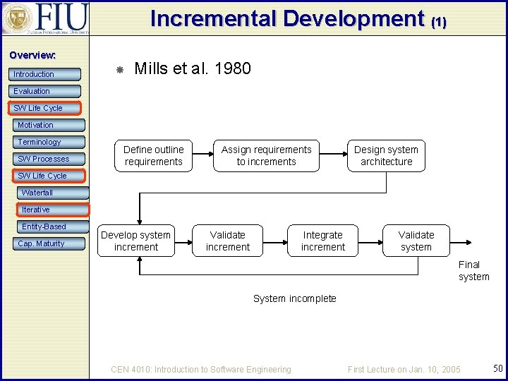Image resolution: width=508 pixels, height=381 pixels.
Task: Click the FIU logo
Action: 45,18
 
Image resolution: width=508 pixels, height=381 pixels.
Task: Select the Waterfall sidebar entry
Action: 53,193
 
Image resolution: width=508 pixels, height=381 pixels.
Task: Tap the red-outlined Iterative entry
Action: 53,210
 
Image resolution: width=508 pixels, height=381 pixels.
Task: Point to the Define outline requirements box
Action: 153,155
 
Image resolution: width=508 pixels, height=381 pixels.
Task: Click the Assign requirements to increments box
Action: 266,155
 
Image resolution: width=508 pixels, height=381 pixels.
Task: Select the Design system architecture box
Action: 386,155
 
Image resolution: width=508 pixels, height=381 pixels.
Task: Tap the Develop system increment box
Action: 136,241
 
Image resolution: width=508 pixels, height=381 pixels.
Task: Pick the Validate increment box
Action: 228,241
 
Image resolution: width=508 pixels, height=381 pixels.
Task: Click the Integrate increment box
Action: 323,241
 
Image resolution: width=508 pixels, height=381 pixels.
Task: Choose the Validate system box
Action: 416,241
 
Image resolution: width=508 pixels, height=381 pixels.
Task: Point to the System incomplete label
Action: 294,298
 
